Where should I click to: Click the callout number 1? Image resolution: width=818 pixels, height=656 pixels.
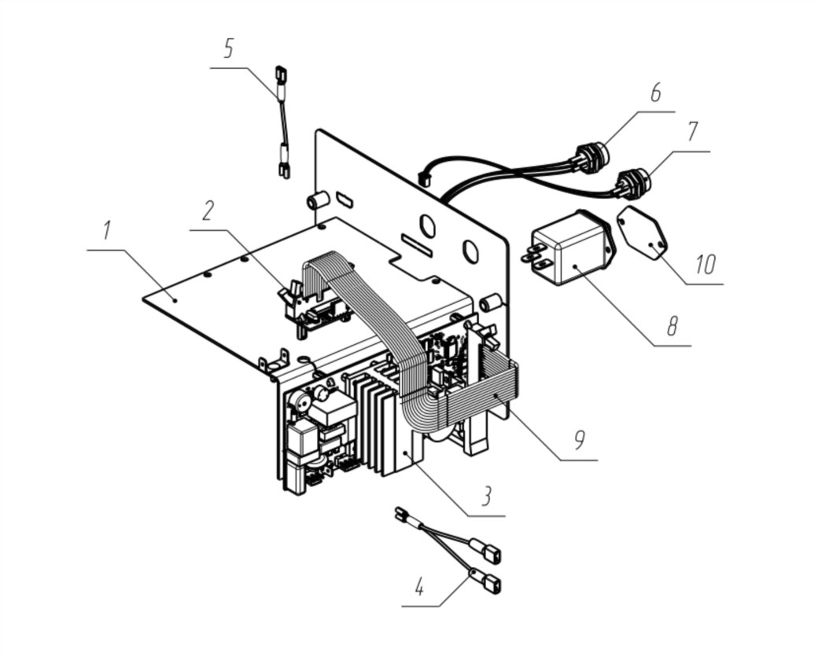pyautogui.click(x=106, y=230)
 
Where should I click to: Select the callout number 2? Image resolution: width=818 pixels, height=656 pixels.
pyautogui.click(x=208, y=210)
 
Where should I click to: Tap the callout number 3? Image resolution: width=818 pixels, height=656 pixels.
pyautogui.click(x=486, y=496)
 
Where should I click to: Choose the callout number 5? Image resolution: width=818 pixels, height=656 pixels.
pyautogui.click(x=229, y=49)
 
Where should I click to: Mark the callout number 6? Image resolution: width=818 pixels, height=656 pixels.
pyautogui.click(x=655, y=92)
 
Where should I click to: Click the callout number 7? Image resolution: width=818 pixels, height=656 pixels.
pyautogui.click(x=691, y=131)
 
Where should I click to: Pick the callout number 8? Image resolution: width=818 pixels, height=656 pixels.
pyautogui.click(x=672, y=326)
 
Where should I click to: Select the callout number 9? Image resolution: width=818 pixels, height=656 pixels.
pyautogui.click(x=580, y=440)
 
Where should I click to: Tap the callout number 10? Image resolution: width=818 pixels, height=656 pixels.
pyautogui.click(x=705, y=265)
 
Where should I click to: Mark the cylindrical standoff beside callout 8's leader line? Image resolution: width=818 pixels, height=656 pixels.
pyautogui.click(x=491, y=303)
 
